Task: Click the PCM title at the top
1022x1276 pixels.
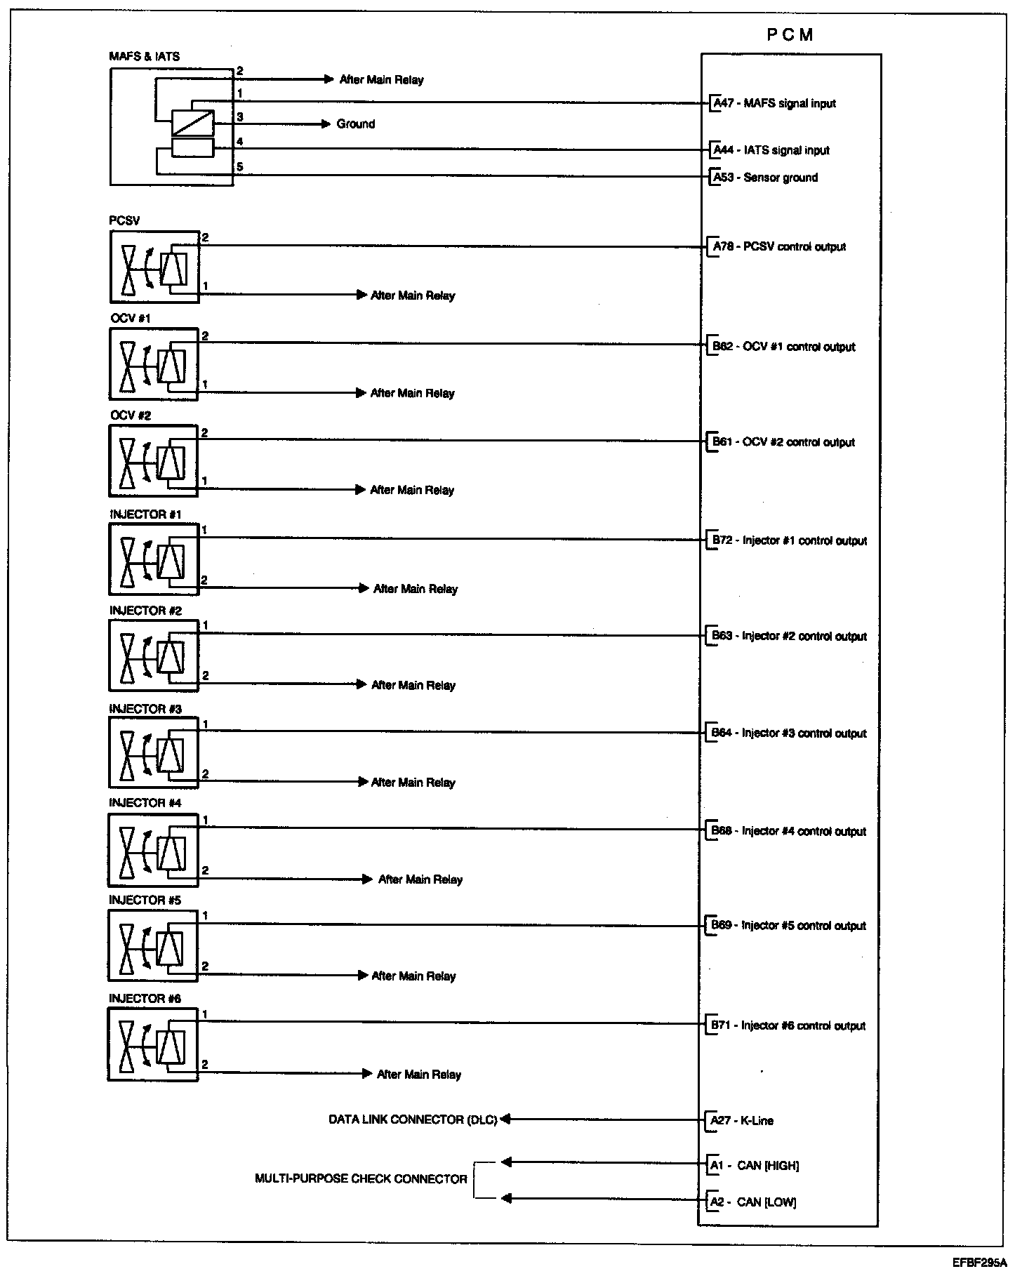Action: (790, 35)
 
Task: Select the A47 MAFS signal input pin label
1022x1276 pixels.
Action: (774, 104)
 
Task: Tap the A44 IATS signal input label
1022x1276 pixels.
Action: (771, 150)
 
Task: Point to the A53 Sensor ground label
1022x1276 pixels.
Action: (765, 178)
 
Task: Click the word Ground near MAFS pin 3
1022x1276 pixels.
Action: (356, 124)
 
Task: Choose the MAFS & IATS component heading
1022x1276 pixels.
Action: (144, 57)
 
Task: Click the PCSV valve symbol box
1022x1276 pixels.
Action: (154, 267)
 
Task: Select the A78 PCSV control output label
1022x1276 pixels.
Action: (779, 247)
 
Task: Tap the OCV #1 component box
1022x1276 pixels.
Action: (154, 364)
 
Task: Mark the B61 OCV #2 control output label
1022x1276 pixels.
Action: (783, 442)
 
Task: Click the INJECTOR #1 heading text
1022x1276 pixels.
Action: (145, 514)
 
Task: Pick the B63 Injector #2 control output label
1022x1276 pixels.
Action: (789, 636)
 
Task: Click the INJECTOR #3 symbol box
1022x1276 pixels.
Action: (154, 752)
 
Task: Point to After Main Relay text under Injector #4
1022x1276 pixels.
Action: (420, 879)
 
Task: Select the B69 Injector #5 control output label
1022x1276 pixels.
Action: (788, 926)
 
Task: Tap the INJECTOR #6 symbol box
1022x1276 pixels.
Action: (153, 1044)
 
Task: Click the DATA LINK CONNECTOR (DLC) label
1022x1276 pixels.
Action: (413, 1119)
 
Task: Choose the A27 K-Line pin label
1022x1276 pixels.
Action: (742, 1121)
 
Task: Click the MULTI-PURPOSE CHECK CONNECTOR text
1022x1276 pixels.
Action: (361, 1178)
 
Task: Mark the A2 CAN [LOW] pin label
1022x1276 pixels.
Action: (752, 1202)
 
